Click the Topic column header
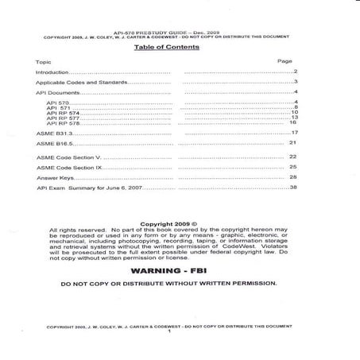(x=44, y=61)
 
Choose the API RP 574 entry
(x=65, y=113)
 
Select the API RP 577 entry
(x=65, y=118)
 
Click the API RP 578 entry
(x=65, y=122)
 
